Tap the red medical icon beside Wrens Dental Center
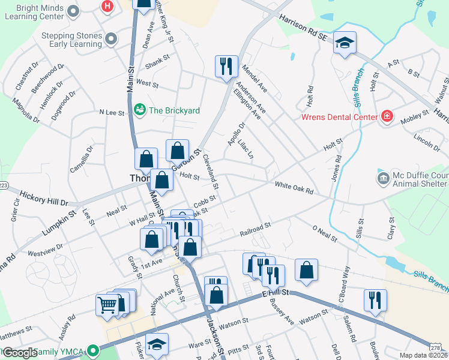pyautogui.click(x=387, y=116)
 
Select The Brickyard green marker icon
pyautogui.click(x=140, y=110)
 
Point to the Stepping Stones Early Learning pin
pyautogui.click(x=111, y=40)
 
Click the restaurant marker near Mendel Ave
pyautogui.click(x=227, y=66)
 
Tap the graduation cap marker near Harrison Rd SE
pyautogui.click(x=345, y=43)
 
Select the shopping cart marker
pyautogui.click(x=107, y=304)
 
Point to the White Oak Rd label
pyautogui.click(x=294, y=188)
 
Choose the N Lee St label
pyautogui.click(x=111, y=112)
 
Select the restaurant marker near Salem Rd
pyautogui.click(x=375, y=300)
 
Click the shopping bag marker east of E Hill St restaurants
pyautogui.click(x=306, y=271)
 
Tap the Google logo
pyautogui.click(x=20, y=353)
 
